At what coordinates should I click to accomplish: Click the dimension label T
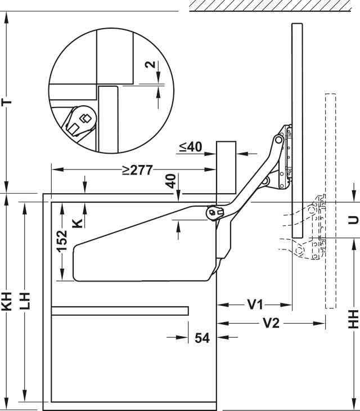tap(8, 102)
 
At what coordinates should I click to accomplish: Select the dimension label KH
tap(8, 301)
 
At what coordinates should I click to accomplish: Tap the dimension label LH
tap(25, 301)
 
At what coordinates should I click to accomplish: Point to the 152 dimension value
tap(62, 240)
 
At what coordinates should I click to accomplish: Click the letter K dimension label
tap(77, 224)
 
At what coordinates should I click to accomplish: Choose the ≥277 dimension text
tap(137, 170)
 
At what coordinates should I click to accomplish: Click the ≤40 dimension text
tap(191, 147)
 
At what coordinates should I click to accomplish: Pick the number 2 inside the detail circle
tap(151, 64)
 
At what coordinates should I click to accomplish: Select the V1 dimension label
tap(255, 305)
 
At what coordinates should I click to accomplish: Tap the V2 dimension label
tap(271, 323)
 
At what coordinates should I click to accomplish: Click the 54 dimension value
tap(202, 338)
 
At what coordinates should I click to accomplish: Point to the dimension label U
tap(353, 220)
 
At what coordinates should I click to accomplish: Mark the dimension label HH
tap(353, 319)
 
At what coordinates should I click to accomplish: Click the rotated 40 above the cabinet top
tap(172, 181)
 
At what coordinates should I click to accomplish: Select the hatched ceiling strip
tap(271, 6)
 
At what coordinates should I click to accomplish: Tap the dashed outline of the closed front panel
tap(330, 201)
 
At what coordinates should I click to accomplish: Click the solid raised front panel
tap(297, 130)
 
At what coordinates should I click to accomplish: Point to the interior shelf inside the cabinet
tap(120, 311)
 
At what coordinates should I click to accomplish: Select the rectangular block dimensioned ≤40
tap(226, 167)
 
